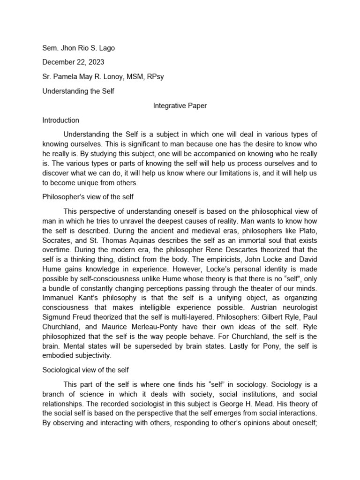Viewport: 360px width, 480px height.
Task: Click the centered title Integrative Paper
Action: [180, 106]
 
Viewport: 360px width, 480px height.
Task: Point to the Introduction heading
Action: [60, 120]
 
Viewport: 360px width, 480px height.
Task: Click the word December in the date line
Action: [59, 62]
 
